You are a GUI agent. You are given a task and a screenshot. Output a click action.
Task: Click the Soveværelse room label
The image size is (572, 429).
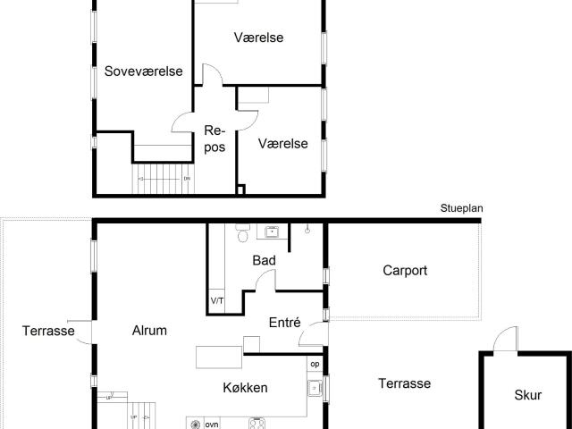pyautogui.click(x=143, y=71)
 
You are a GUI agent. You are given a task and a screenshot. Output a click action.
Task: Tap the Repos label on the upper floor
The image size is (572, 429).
pyautogui.click(x=214, y=139)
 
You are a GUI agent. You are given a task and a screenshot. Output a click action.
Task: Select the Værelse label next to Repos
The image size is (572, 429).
pyautogui.click(x=283, y=143)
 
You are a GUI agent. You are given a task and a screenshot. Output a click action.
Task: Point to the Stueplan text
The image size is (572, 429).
pyautogui.click(x=461, y=208)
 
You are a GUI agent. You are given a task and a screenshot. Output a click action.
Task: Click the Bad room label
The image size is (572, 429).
pyautogui.click(x=264, y=261)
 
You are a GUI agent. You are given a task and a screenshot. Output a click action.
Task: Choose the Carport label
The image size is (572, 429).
pyautogui.click(x=405, y=270)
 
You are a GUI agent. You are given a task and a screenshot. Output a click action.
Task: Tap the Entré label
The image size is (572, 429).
pyautogui.click(x=284, y=324)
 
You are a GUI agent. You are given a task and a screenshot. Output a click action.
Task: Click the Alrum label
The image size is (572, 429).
pyautogui.click(x=149, y=330)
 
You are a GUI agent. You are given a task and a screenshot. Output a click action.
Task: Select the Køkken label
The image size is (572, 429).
pyautogui.click(x=246, y=388)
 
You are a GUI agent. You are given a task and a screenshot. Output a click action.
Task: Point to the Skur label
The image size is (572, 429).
pyautogui.click(x=527, y=394)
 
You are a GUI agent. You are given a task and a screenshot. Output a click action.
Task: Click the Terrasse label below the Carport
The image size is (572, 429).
pyautogui.click(x=404, y=383)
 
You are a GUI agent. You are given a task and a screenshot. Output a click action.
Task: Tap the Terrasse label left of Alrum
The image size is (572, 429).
pyautogui.click(x=48, y=331)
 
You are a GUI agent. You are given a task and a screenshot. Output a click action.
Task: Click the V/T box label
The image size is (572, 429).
pyautogui.click(x=217, y=301)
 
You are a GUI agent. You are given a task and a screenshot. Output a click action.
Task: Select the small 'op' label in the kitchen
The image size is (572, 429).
pyautogui.click(x=314, y=364)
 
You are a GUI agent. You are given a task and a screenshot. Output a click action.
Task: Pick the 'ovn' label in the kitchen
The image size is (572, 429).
pyautogui.click(x=212, y=425)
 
